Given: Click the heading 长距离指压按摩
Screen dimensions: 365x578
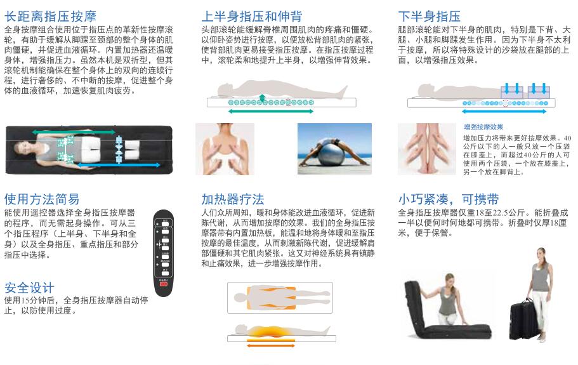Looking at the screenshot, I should click(51, 16).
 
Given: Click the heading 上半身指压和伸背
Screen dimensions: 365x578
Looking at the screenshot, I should click(251, 16).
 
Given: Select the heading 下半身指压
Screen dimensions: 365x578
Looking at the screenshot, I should click(429, 16).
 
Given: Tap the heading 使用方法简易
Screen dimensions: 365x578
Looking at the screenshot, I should click(42, 199).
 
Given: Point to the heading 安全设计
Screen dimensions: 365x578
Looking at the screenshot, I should click(29, 288).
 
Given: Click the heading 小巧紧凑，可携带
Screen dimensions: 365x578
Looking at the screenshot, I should click(448, 199).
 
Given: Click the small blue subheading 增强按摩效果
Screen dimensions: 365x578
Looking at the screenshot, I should click(483, 127).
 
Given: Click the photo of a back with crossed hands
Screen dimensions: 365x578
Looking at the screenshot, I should click(224, 149).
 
